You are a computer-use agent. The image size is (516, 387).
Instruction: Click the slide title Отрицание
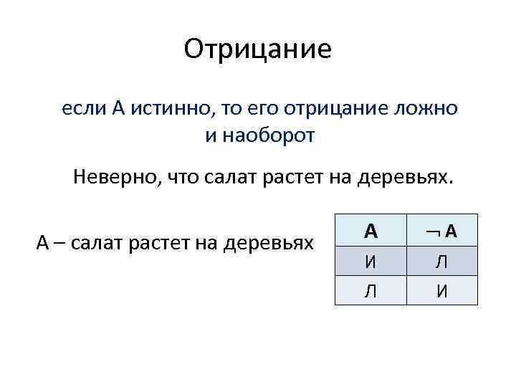(x=258, y=49)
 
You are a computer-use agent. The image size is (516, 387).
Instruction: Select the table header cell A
(x=371, y=231)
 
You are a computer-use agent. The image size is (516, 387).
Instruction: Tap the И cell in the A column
(x=371, y=262)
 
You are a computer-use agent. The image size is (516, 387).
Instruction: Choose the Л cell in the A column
(x=371, y=291)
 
